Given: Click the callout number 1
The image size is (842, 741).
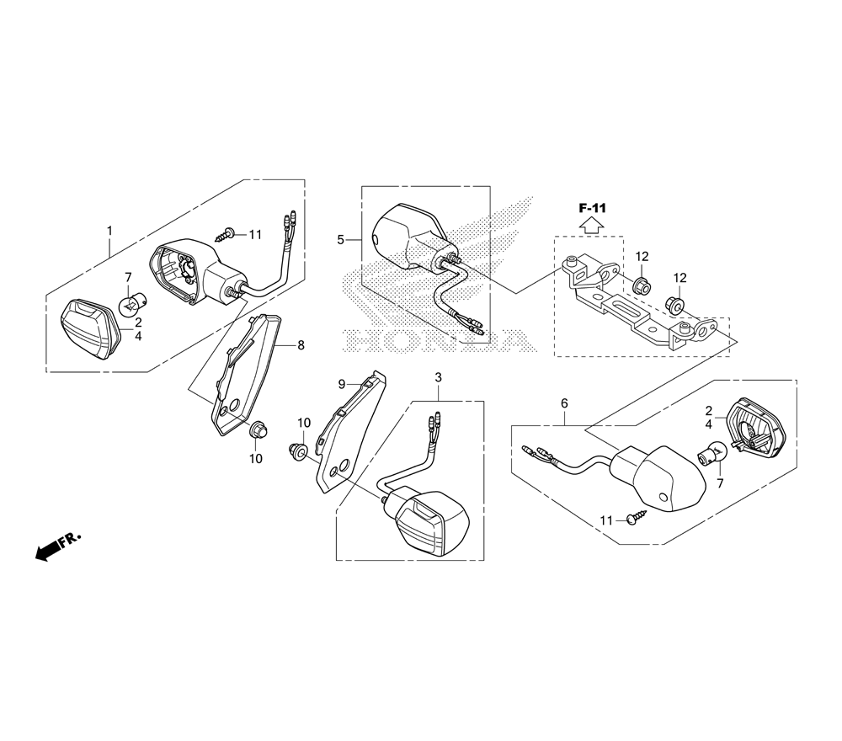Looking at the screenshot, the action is point(109,231).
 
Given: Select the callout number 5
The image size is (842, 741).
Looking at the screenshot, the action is point(340,239).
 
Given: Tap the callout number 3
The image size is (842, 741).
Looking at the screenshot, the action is point(438,377).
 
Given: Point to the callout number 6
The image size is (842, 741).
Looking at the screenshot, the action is point(564,402).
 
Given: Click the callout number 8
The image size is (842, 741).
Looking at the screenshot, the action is point(301,345).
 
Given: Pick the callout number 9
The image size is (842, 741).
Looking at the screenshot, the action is point(341,384).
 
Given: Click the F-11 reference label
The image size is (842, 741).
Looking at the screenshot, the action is point(592,208).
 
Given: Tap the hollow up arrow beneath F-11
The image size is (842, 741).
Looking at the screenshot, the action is point(592,225).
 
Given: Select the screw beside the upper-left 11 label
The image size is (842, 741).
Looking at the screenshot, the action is point(226,234).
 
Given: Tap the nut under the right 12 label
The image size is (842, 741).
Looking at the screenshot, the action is point(674,305).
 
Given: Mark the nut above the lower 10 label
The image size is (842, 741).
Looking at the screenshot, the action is point(258,431).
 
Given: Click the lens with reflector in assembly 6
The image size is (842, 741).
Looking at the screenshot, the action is point(755,428).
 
